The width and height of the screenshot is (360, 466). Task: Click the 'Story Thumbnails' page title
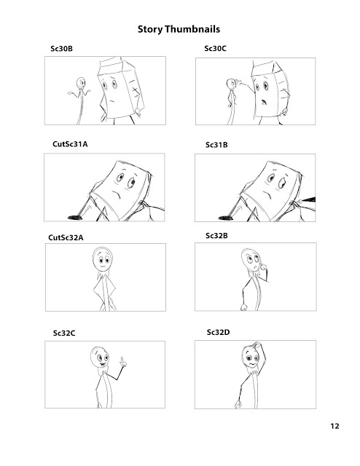179,31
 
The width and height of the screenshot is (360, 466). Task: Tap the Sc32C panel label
64,332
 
